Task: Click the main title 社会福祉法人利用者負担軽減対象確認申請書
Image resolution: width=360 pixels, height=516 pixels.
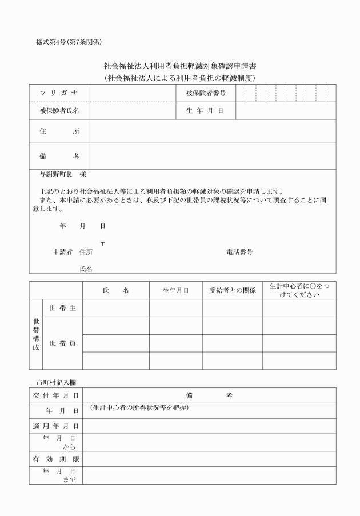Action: (x=179, y=66)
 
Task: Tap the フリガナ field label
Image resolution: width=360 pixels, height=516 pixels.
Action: (x=59, y=93)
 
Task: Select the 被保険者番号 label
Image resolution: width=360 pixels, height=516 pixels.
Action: (x=206, y=93)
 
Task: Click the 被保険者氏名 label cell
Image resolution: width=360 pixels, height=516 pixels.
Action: (x=59, y=110)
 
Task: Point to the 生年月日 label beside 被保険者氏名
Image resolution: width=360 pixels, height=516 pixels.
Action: (x=206, y=110)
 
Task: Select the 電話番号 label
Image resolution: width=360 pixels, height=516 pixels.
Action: (x=239, y=252)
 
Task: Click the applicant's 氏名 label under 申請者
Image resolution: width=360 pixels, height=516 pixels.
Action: (x=86, y=268)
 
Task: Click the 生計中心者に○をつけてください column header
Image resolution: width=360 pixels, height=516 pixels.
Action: (x=299, y=290)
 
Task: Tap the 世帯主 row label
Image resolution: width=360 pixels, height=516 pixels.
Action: (x=62, y=308)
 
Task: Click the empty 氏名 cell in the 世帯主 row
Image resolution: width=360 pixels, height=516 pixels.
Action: (x=115, y=308)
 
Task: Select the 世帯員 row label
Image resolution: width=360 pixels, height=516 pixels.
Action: (x=62, y=343)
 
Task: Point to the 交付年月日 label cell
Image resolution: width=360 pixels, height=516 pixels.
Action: (x=56, y=395)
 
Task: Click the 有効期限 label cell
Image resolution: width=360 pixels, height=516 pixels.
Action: (x=56, y=458)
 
